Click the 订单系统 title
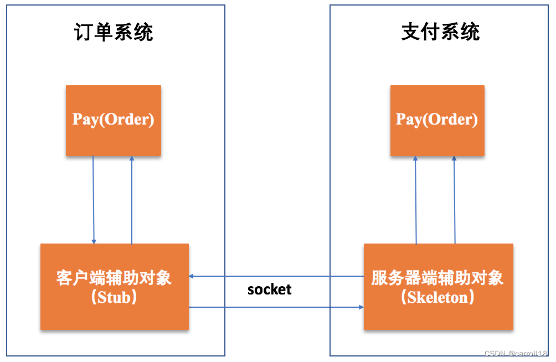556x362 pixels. point(114,33)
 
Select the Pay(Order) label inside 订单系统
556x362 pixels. point(114,120)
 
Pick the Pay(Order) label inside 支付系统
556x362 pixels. point(437,120)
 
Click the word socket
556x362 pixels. point(269,289)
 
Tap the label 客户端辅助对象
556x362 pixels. point(114,278)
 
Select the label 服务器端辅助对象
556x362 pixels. point(437,278)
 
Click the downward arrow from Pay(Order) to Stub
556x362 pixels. point(94,199)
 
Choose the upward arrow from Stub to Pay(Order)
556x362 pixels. point(132,199)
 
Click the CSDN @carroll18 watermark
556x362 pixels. point(516,354)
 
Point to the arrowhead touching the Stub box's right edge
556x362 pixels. point(192,276)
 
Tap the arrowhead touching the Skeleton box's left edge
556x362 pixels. point(361,307)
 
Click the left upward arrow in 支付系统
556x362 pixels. point(416,199)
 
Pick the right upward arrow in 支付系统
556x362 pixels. point(455,199)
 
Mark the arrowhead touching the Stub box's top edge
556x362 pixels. point(94,241)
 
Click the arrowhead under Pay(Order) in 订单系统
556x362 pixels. point(132,159)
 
